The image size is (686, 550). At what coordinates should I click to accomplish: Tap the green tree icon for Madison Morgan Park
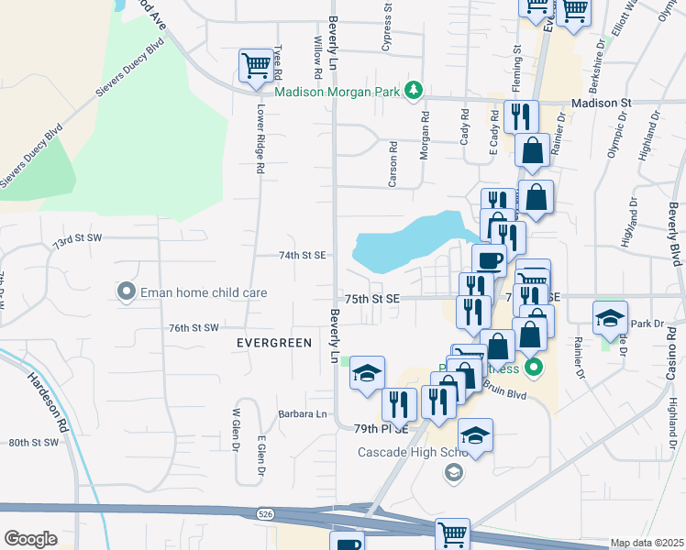pyautogui.click(x=414, y=89)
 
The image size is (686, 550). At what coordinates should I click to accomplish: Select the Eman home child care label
pyautogui.click(x=203, y=291)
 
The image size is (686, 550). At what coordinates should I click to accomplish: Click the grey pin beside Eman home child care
pyautogui.click(x=126, y=291)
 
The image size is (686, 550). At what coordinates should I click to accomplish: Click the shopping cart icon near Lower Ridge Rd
pyautogui.click(x=256, y=64)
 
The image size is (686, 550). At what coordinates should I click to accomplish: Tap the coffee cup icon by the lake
pyautogui.click(x=490, y=258)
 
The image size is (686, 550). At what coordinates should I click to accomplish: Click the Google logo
pyautogui.click(x=30, y=539)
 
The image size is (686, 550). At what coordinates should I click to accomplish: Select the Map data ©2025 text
pyautogui.click(x=647, y=543)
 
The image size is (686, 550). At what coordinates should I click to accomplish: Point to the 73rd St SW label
pyautogui.click(x=76, y=237)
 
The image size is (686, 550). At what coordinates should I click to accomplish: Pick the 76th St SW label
pyautogui.click(x=194, y=327)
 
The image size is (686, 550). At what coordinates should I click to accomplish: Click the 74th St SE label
pyautogui.click(x=303, y=256)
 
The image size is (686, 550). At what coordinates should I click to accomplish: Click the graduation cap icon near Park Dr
pyautogui.click(x=610, y=317)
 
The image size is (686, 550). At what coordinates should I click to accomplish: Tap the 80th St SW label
pyautogui.click(x=34, y=442)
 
